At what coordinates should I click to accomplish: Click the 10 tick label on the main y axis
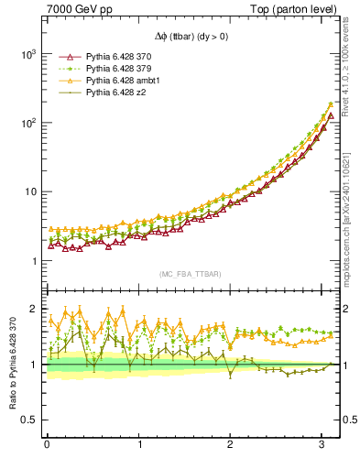pyautogui.click(x=31, y=191)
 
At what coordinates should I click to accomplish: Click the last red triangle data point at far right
pyautogui.click(x=331, y=116)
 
